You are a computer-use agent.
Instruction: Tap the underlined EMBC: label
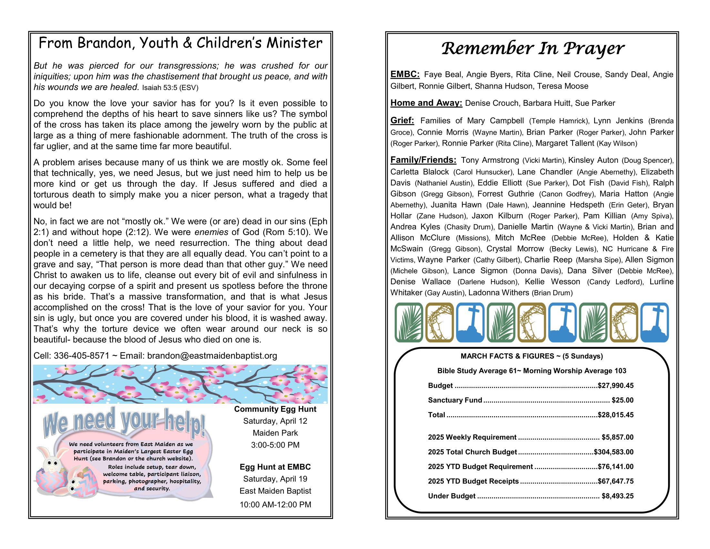[x=405, y=74]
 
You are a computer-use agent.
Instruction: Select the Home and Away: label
[x=426, y=103]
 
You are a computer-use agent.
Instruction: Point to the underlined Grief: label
[x=402, y=120]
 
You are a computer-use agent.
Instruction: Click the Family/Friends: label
[x=423, y=160]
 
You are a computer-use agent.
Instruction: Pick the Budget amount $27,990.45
[x=615, y=385]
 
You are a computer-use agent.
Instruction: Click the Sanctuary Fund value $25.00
[x=622, y=400]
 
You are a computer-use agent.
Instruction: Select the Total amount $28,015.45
[x=615, y=415]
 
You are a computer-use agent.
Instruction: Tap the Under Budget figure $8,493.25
[x=617, y=496]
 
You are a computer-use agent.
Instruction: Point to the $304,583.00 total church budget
[x=614, y=452]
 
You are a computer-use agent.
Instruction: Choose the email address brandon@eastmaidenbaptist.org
[x=212, y=356]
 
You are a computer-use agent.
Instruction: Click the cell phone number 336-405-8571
[x=82, y=356]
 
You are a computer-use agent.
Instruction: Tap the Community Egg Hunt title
[x=275, y=409]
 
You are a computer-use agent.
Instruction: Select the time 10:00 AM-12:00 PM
[x=275, y=504]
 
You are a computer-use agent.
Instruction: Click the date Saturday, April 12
[x=275, y=421]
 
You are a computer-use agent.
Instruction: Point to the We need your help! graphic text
[x=124, y=422]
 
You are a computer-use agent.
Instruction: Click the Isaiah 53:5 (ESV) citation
[x=170, y=88]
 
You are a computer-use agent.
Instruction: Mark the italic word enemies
[x=211, y=232]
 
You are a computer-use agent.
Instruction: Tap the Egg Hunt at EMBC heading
[x=275, y=467]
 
